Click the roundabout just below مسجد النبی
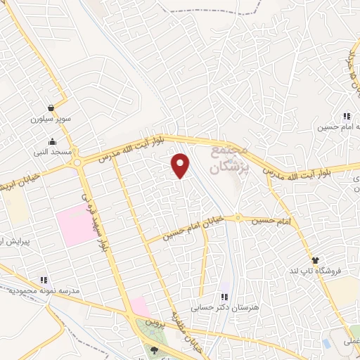77,162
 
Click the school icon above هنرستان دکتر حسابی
224,297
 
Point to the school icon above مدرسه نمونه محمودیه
44,280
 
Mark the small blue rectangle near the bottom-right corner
326,343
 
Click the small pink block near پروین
139,307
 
